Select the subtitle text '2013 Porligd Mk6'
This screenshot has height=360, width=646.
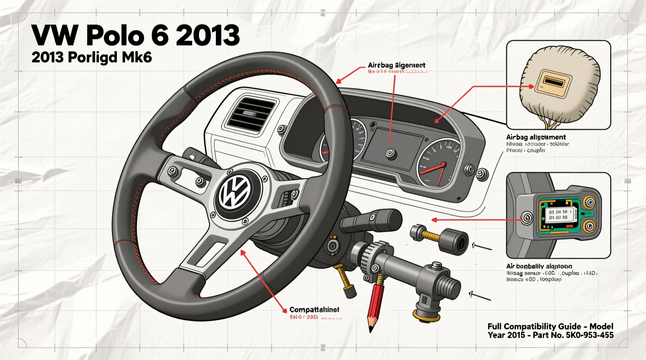click(92, 57)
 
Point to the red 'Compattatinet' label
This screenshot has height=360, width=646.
click(314, 310)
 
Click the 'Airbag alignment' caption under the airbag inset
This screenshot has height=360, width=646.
click(536, 137)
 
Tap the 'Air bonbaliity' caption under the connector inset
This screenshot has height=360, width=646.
click(539, 266)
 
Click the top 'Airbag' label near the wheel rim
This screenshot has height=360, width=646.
click(396, 65)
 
